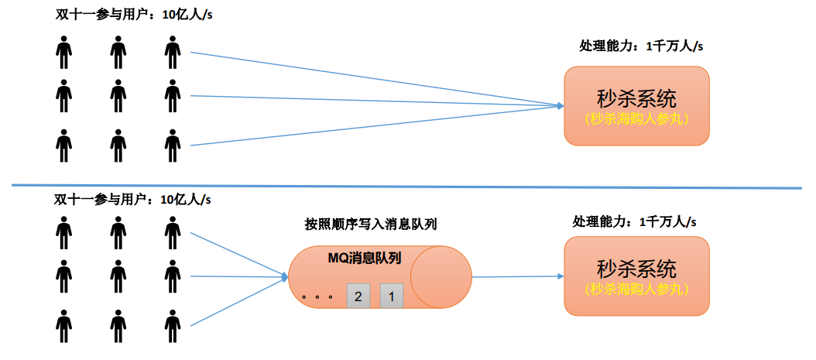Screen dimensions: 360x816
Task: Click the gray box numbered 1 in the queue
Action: pos(392,295)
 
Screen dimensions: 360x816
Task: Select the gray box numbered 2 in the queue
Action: pos(358,295)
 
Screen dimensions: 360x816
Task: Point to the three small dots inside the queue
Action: pos(317,297)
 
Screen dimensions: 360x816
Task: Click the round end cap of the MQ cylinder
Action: pos(441,277)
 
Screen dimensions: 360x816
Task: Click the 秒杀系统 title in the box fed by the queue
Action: pos(636,269)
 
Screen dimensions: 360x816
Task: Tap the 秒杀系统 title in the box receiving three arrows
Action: pos(636,98)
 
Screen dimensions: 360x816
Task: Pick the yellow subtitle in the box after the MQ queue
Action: pos(636,290)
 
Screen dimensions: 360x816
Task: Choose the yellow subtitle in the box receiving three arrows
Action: pos(636,119)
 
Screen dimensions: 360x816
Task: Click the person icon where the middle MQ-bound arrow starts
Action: pos(173,275)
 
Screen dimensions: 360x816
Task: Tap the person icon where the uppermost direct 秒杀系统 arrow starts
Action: pos(173,53)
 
